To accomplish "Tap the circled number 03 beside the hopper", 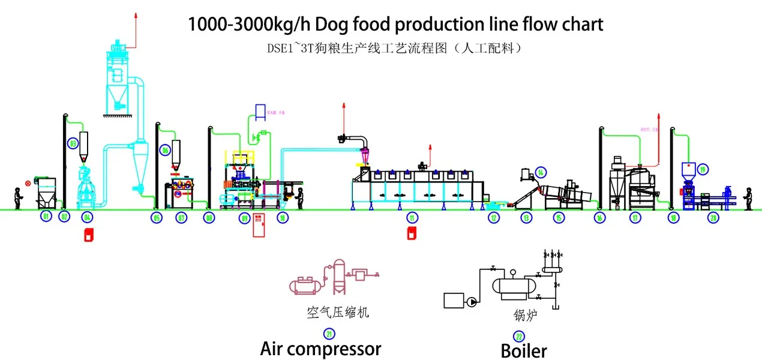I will [x=73, y=143].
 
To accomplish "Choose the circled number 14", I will [x=541, y=172].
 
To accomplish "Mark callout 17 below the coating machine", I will [x=635, y=218].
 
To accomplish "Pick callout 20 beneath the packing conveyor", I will [x=713, y=218].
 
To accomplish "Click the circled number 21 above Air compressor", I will [x=329, y=334].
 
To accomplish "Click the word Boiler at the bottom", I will [x=524, y=350].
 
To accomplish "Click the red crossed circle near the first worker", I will [x=28, y=182].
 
